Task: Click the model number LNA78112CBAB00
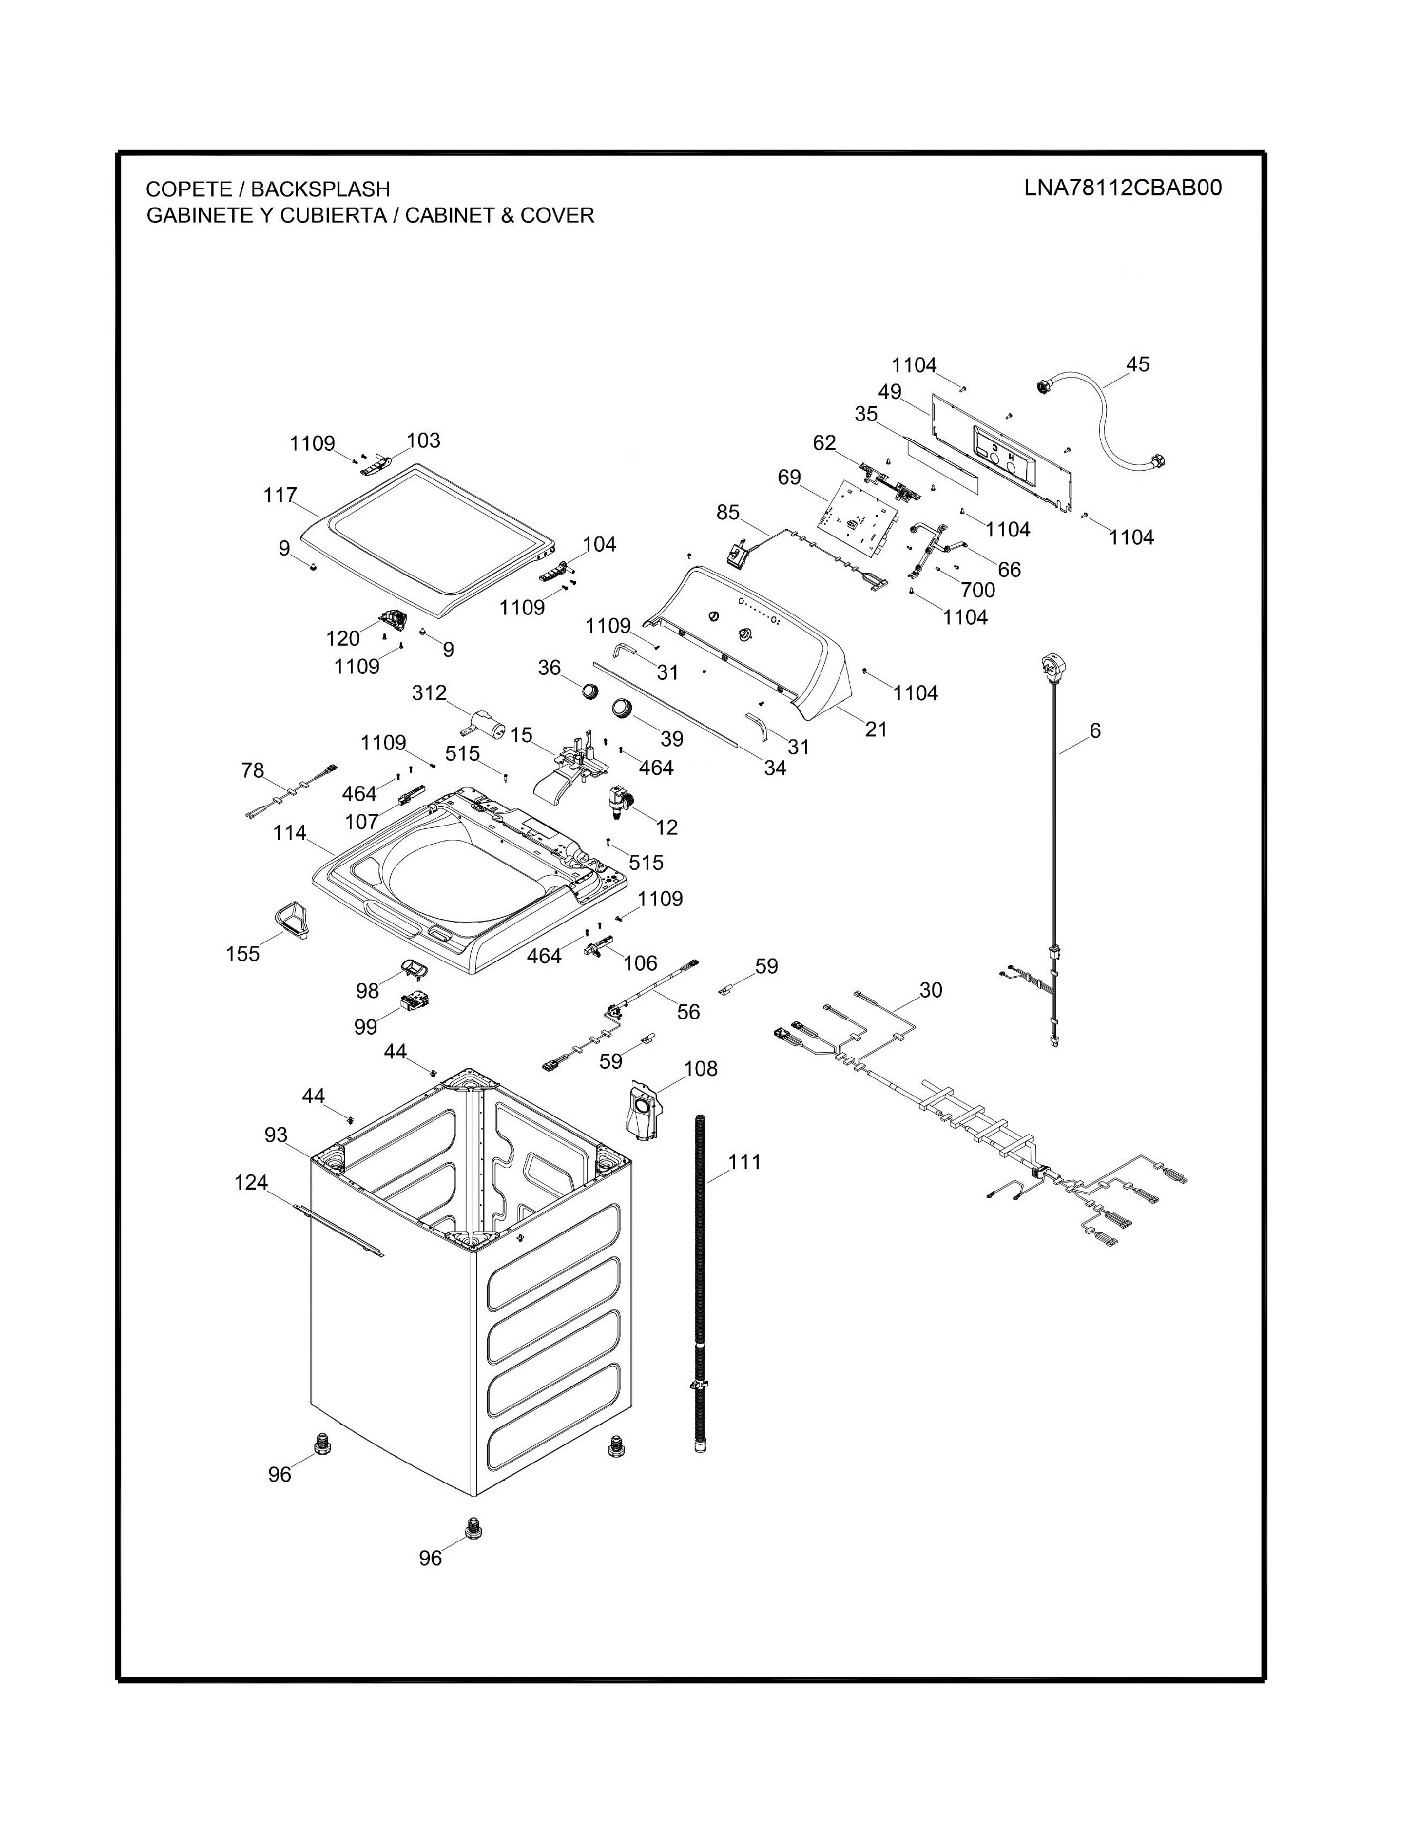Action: (1123, 188)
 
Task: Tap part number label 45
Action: (1137, 364)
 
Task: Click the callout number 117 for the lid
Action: (280, 496)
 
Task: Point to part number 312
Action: (429, 693)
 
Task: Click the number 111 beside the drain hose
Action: (744, 1162)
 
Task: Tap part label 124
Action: (251, 1183)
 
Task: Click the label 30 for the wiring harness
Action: (930, 990)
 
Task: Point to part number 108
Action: (700, 1068)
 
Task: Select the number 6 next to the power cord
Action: (1095, 731)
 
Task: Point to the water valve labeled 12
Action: (619, 801)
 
